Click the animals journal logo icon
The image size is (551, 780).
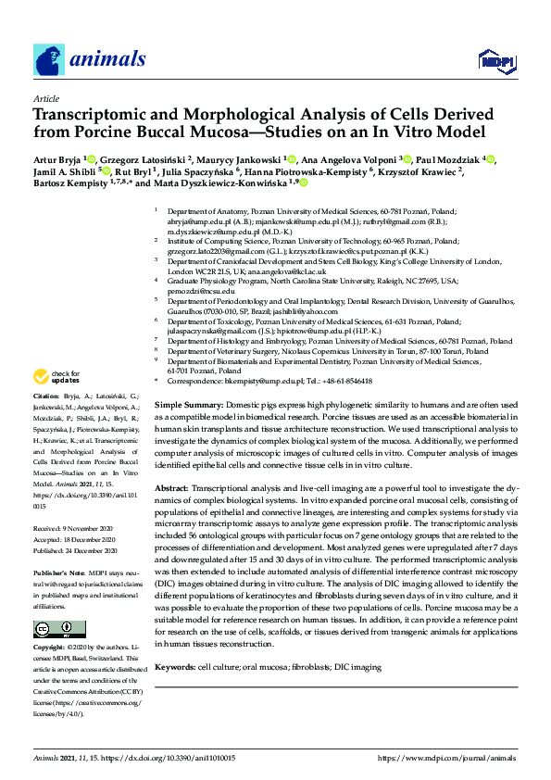[49, 60]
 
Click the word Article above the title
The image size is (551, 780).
[46, 99]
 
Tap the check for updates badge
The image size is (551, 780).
[56, 376]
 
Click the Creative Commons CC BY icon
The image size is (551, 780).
[55, 629]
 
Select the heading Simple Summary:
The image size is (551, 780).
[188, 406]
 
